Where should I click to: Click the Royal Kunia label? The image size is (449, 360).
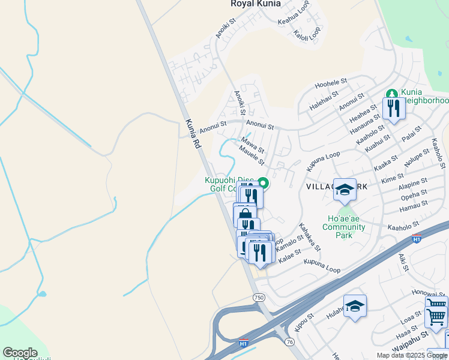point(255,4)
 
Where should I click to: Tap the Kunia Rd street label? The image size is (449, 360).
point(192,134)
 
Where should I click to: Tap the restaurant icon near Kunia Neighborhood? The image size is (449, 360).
point(393,109)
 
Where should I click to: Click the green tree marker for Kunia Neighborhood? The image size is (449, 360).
point(391,94)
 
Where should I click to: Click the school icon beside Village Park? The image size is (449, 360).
point(345,190)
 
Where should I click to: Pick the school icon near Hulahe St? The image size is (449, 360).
point(355,306)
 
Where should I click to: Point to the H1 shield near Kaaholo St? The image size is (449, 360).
point(417,239)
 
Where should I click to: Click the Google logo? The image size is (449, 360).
point(20,353)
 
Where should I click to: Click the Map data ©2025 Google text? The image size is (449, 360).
point(412,355)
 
